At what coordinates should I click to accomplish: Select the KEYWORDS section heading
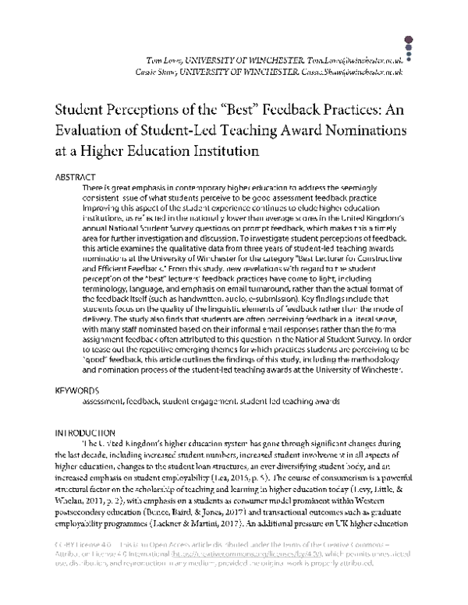point(76,389)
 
